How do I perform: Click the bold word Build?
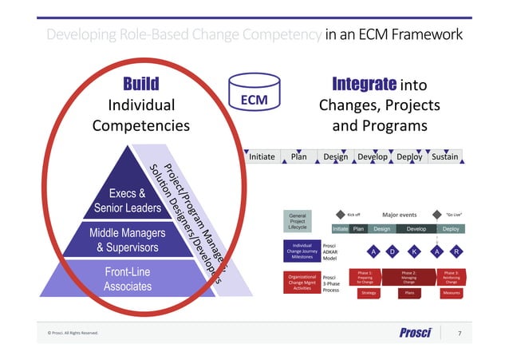click(x=140, y=84)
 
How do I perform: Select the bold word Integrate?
click(x=364, y=84)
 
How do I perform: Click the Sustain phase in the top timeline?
click(x=444, y=156)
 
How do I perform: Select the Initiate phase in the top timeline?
click(x=262, y=156)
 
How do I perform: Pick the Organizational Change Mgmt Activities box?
click(x=302, y=282)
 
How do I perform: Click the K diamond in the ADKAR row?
click(x=414, y=251)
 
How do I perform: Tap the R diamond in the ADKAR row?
click(x=456, y=251)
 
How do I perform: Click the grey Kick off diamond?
click(x=340, y=214)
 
